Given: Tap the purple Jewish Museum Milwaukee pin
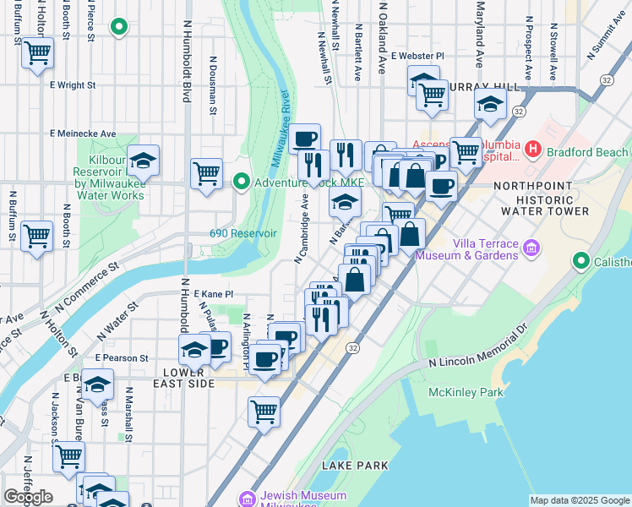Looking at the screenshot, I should [248, 499].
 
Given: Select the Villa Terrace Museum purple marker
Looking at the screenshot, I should [531, 248].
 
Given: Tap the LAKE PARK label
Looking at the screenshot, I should [355, 465].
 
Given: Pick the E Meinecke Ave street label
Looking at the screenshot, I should [83, 134].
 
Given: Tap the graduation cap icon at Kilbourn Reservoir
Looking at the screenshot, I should [143, 161].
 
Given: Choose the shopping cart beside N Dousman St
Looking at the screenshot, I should [206, 174].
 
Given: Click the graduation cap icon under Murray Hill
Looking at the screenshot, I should [489, 106].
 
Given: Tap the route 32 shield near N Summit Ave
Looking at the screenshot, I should [607, 78].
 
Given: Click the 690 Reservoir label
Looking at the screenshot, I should [243, 233].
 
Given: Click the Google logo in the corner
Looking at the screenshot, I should [28, 497].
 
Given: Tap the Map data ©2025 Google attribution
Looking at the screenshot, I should [579, 500].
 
